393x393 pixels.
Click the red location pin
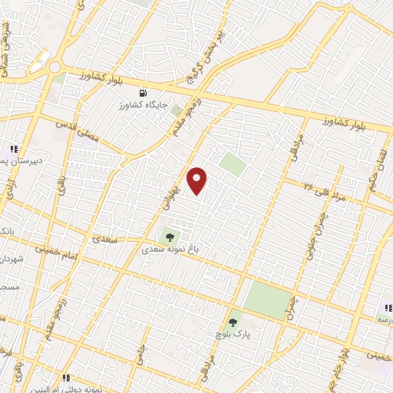(198, 180)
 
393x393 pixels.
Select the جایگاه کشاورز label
(140, 104)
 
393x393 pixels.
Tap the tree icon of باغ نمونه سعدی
(170, 236)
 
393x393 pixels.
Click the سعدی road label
(106, 239)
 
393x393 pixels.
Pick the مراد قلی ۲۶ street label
(325, 191)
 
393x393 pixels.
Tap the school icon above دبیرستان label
(13, 149)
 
